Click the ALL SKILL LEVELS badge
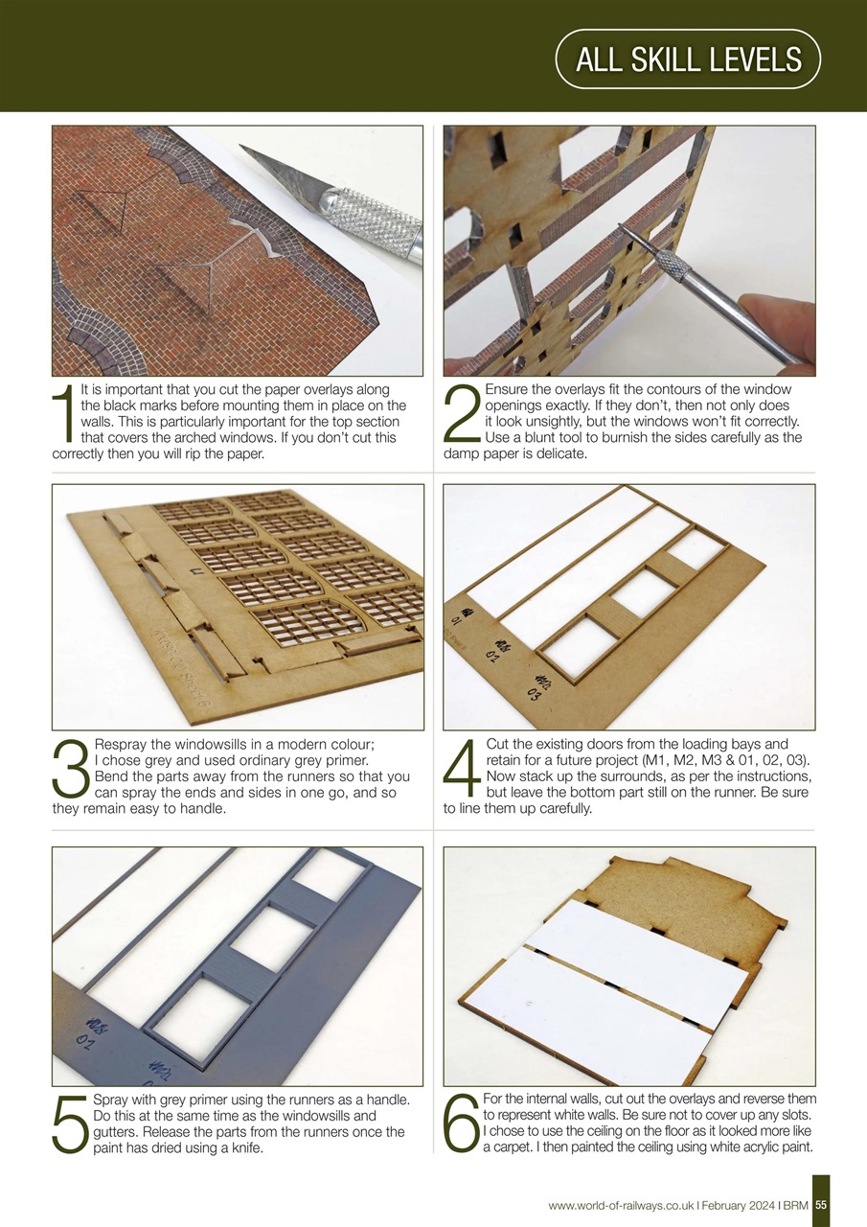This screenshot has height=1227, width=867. click(x=688, y=59)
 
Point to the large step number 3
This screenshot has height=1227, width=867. click(x=71, y=768)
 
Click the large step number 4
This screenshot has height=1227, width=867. click(x=463, y=768)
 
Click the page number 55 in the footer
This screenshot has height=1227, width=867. click(x=821, y=1205)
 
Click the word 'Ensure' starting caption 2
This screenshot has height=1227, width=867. click(x=507, y=390)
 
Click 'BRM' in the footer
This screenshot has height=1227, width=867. click(x=795, y=1205)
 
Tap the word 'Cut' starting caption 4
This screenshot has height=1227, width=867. click(x=498, y=744)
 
